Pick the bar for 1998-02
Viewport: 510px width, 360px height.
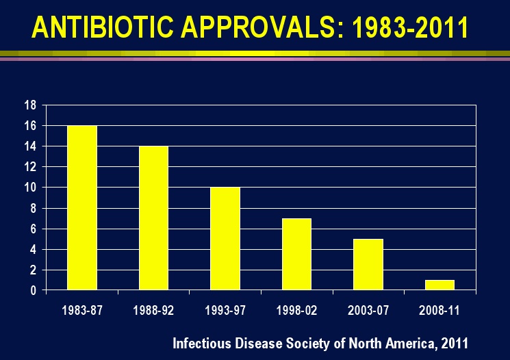(296, 254)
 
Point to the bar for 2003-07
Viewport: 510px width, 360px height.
(368, 264)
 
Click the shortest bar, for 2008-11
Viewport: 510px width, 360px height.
(439, 285)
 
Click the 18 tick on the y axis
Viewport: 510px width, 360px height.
(30, 105)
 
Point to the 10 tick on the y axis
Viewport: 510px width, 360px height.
(30, 188)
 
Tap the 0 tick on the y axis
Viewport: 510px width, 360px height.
(33, 290)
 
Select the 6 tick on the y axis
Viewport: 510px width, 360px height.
(33, 229)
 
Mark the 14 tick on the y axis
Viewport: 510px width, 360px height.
(30, 146)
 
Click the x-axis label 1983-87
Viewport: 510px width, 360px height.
(82, 309)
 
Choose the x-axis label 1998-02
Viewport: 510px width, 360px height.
(296, 309)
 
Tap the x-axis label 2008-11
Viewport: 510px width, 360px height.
(439, 309)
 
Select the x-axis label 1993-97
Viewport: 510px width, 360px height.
(225, 309)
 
